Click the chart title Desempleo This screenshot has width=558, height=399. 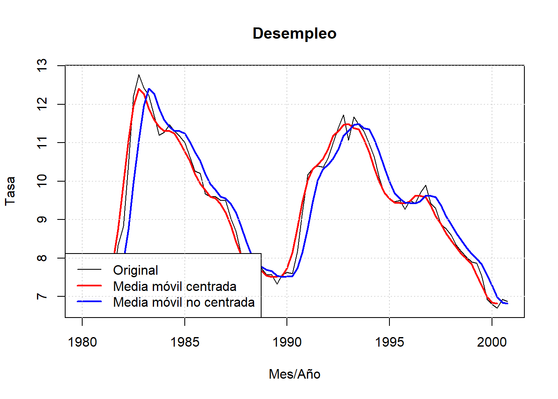coord(294,34)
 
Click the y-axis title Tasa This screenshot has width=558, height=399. coord(10,190)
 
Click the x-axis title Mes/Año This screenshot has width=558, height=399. coord(294,374)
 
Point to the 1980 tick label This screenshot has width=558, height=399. coord(82,342)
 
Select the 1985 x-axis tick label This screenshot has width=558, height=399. coord(185,342)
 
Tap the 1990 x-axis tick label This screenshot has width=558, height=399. coord(287,342)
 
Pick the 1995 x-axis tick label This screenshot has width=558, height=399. coord(389,342)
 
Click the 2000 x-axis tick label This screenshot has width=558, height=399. coord(492,342)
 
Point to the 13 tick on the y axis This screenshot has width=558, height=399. coord(42,66)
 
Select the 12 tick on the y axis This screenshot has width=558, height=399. coord(42,104)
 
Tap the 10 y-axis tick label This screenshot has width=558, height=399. coord(42,181)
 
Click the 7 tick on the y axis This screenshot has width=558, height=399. coord(42,296)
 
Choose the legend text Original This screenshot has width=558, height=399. coord(135,270)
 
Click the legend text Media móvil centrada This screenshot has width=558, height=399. coord(175,286)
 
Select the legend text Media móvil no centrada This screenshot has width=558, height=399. coord(184,302)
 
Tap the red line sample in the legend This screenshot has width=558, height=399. coord(89,286)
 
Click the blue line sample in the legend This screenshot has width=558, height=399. coord(89,302)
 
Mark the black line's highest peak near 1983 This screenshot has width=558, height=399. coord(139,75)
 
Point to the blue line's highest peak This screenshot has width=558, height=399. coord(149,89)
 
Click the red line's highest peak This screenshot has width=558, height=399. coord(139,89)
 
